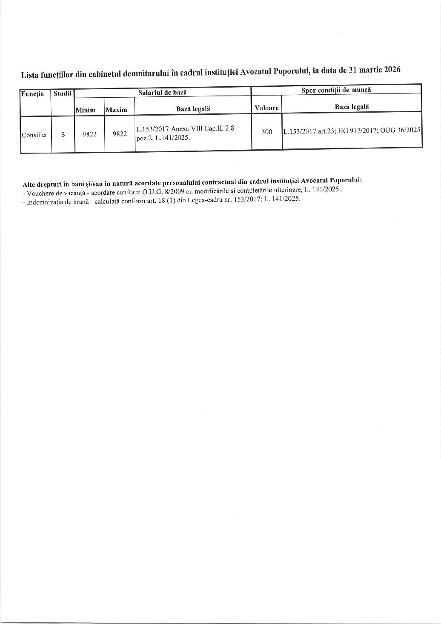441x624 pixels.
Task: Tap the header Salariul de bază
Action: pyautogui.click(x=162, y=92)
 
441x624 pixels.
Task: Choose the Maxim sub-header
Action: pyautogui.click(x=116, y=110)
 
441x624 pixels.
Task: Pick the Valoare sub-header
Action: pyautogui.click(x=266, y=108)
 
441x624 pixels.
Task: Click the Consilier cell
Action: pyautogui.click(x=35, y=135)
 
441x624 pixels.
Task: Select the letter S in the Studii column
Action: pyautogui.click(x=63, y=135)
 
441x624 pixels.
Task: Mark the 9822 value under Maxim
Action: pyautogui.click(x=119, y=134)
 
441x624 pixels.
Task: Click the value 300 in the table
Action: pyautogui.click(x=266, y=132)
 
